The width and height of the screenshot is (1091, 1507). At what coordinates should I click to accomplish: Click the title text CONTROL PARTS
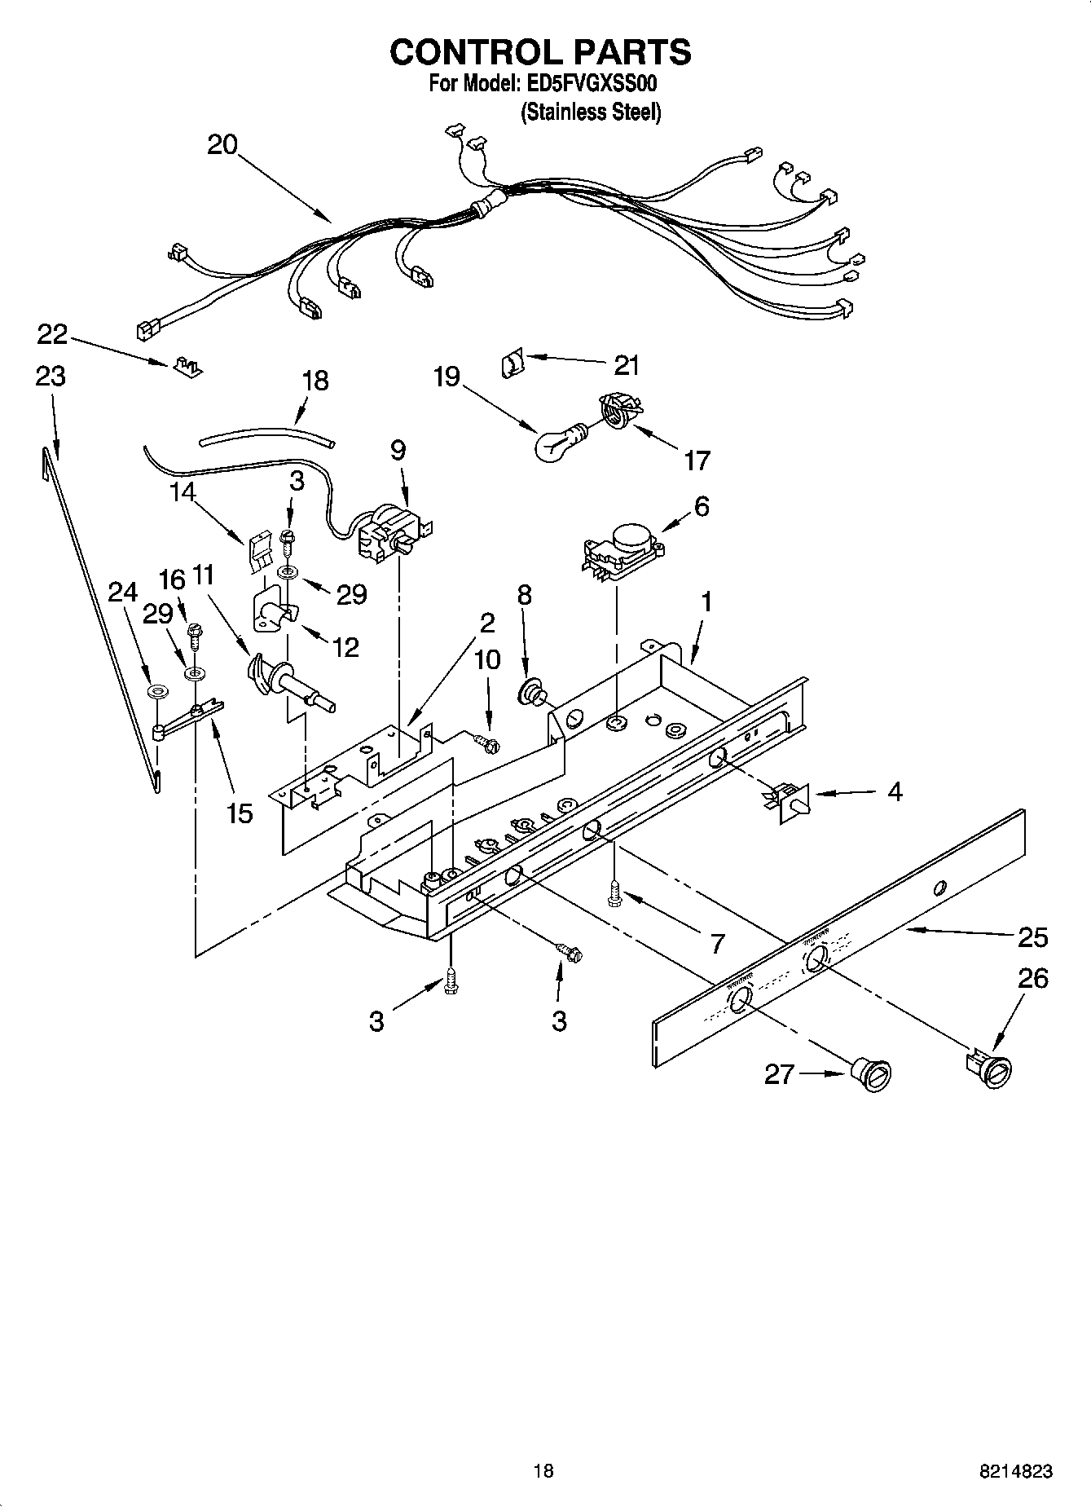(540, 52)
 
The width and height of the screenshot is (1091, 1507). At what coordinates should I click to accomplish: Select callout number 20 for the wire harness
(222, 145)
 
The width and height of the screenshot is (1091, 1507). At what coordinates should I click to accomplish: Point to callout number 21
(626, 366)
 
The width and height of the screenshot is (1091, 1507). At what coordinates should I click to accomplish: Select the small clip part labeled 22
(188, 367)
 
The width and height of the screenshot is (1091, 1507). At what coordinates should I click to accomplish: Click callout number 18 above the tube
(315, 380)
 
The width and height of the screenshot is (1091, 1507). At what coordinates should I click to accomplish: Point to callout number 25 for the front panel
(1032, 937)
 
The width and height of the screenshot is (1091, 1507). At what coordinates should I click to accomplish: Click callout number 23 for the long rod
(51, 377)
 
